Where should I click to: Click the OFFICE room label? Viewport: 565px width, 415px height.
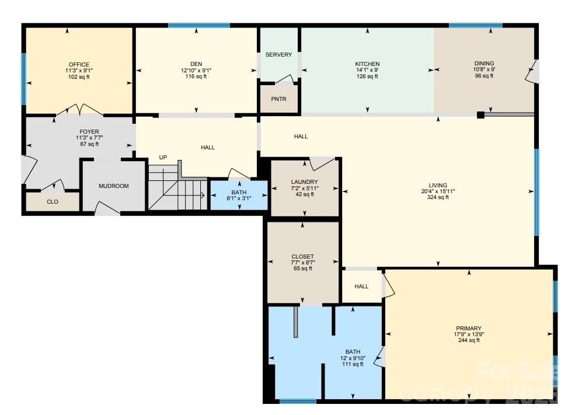point(79,64)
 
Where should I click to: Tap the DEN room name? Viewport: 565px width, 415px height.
point(196,64)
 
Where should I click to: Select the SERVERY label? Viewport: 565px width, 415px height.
point(278,55)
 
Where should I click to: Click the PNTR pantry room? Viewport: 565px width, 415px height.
point(278,99)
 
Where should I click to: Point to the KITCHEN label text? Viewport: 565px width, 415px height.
point(367,64)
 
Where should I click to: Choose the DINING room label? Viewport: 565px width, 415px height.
point(484,64)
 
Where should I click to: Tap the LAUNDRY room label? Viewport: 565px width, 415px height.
point(305,182)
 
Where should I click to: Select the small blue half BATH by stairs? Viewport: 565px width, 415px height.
point(238,195)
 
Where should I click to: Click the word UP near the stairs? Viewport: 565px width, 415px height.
point(163,158)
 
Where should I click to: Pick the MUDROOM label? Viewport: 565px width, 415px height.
point(113,186)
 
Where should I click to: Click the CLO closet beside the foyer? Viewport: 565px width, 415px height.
point(53,202)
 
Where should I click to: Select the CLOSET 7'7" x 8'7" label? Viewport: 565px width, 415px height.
point(302,257)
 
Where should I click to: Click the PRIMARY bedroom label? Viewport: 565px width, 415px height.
point(469,328)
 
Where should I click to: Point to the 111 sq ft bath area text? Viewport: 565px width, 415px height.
point(353,364)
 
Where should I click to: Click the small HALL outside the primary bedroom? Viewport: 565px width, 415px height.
point(361,287)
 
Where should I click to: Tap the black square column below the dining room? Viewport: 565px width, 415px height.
point(480,115)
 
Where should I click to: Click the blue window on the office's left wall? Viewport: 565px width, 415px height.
point(24,79)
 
